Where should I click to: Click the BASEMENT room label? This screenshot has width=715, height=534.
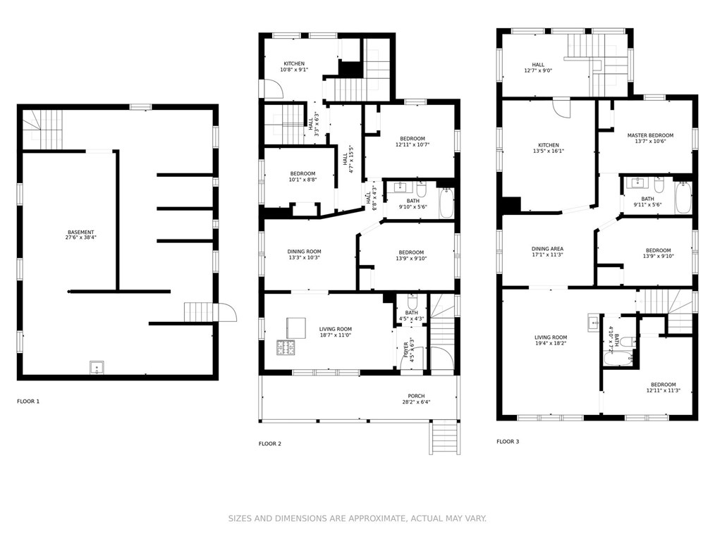tap(80, 232)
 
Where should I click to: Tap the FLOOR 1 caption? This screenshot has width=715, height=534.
tap(28, 402)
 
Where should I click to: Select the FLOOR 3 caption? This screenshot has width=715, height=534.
tap(508, 442)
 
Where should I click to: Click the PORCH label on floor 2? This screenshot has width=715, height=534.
tap(416, 396)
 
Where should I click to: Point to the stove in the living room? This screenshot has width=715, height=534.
tap(285, 347)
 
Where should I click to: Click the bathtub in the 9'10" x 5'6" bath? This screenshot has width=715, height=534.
tap(446, 203)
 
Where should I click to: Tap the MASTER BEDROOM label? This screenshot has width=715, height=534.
tap(650, 135)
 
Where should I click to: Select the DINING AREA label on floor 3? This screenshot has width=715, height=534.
tap(547, 249)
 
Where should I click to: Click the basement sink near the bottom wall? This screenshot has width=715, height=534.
tap(97, 367)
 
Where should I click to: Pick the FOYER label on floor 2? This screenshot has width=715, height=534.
tap(406, 349)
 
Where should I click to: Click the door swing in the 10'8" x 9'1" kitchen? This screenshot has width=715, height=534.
tap(274, 89)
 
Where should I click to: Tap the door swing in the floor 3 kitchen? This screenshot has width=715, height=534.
tap(561, 108)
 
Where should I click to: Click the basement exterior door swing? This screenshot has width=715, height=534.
tap(227, 312)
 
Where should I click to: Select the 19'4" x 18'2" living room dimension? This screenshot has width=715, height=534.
tap(551, 344)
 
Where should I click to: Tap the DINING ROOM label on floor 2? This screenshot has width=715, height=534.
tap(304, 252)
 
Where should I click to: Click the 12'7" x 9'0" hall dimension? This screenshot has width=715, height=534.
tap(538, 70)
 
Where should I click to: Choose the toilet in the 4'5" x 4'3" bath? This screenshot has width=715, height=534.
tap(412, 302)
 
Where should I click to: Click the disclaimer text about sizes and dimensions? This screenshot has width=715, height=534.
tap(357, 519)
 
